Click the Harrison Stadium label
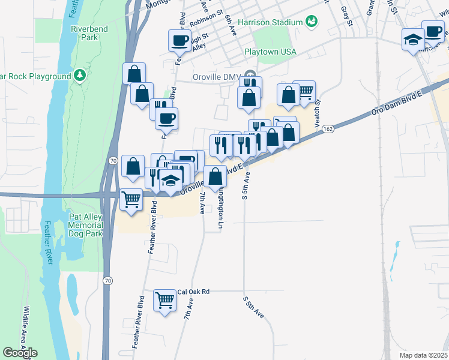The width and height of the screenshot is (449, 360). click(x=270, y=22)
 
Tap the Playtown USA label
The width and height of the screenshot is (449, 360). click(x=271, y=52)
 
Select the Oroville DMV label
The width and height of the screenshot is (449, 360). click(x=216, y=77)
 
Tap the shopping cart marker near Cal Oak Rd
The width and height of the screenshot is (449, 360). click(x=164, y=300)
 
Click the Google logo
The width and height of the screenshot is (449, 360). click(x=20, y=353)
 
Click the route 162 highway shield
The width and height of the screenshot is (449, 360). click(x=328, y=129)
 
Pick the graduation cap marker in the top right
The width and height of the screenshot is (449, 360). click(x=412, y=40)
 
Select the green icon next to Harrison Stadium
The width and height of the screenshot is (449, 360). click(x=311, y=22)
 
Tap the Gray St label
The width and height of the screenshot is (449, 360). click(x=345, y=16)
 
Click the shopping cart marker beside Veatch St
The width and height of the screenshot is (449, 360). click(x=305, y=91)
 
